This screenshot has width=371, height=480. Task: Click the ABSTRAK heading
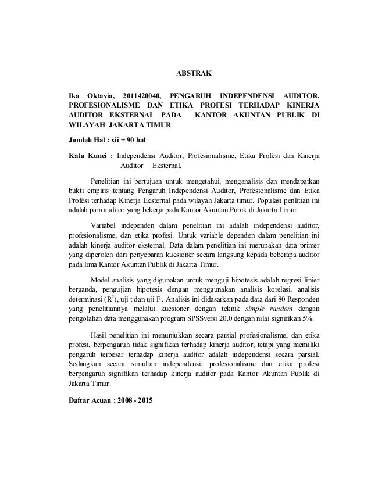coord(194,74)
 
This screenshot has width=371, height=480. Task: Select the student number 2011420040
coord(141,94)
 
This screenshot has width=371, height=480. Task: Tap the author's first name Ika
coord(74,94)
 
